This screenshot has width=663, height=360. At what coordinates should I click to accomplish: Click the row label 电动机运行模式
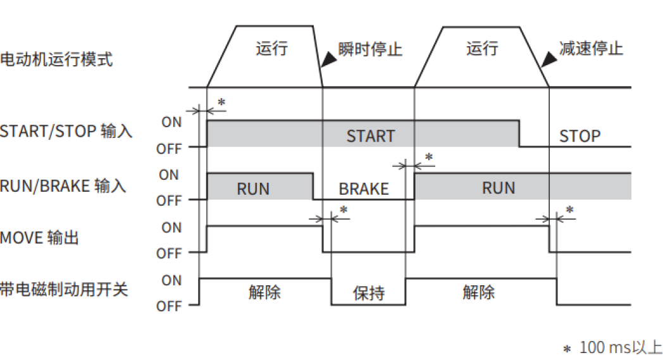tap(56, 60)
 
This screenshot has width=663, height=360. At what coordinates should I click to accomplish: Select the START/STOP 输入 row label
tap(66, 132)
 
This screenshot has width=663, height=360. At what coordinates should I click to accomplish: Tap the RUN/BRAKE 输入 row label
tap(63, 186)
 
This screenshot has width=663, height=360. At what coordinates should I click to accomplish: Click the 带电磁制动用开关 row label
tap(64, 290)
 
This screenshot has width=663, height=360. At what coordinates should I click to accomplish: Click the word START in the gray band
tap(370, 136)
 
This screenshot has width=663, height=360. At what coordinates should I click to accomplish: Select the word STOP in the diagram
tap(579, 136)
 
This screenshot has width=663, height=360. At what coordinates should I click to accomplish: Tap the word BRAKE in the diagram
tap(364, 189)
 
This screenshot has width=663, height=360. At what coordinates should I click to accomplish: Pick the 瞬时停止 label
tap(370, 49)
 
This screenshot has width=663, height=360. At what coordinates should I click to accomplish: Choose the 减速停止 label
tap(591, 49)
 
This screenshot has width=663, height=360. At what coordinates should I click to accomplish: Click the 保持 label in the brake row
tap(369, 294)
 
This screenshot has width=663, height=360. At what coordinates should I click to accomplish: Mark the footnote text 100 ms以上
tap(620, 347)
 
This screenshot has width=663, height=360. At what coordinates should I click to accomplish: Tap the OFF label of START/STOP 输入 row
tap(169, 149)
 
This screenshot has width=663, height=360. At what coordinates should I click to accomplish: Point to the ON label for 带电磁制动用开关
tap(171, 280)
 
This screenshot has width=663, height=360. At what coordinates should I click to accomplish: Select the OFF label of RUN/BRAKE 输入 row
tap(169, 201)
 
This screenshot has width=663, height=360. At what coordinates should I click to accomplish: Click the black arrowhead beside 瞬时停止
tap(329, 60)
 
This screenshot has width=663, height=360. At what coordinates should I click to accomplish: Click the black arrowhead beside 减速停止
tap(548, 60)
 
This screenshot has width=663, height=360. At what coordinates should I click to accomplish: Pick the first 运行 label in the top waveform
tap(272, 49)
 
